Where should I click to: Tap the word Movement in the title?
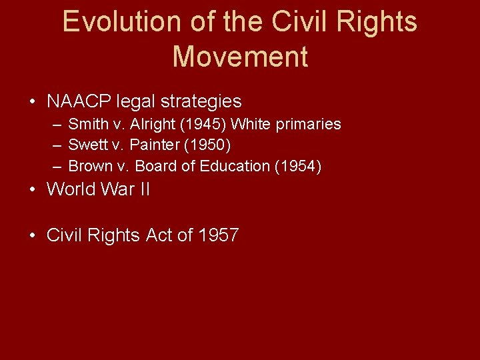[240, 57]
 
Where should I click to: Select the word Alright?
[153, 125]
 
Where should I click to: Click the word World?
[71, 189]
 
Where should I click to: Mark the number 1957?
[219, 235]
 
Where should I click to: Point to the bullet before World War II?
[33, 190]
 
